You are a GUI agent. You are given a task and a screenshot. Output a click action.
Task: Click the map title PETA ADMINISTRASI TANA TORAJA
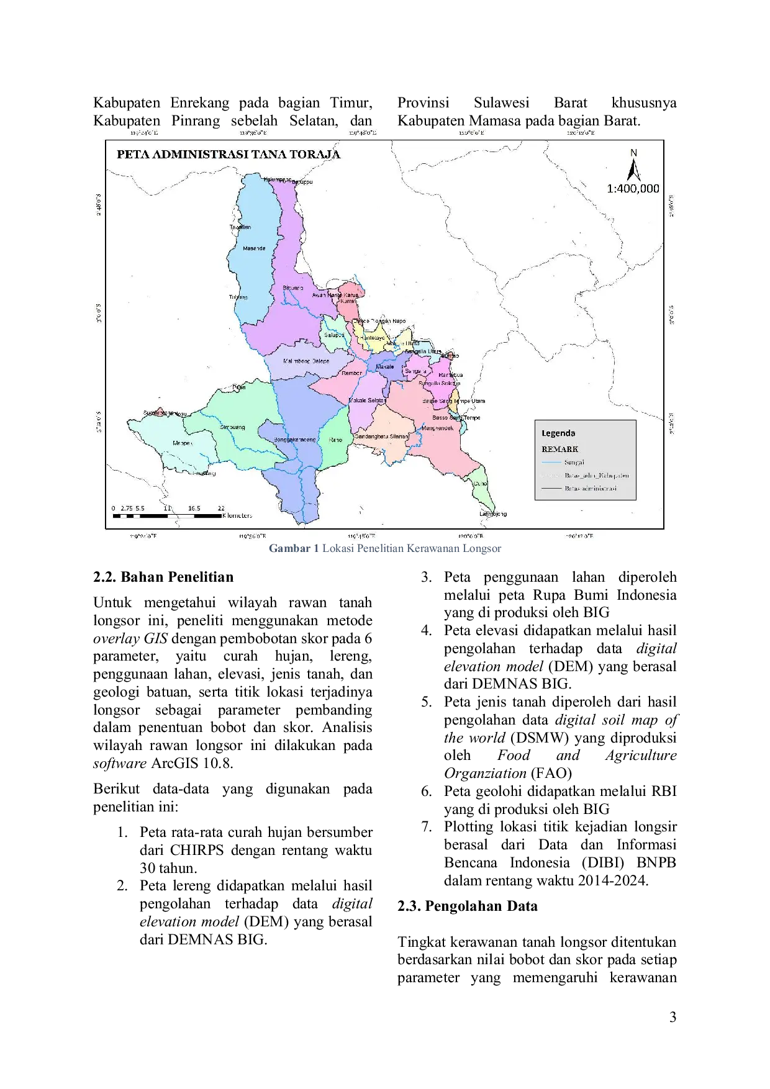(x=229, y=155)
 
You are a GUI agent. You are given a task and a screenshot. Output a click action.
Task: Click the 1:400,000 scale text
(x=633, y=189)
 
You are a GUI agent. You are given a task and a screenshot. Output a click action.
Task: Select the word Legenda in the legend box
(x=558, y=433)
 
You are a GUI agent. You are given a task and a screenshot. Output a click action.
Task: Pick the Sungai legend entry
(x=574, y=462)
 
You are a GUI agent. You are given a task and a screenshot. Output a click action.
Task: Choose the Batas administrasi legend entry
(x=590, y=489)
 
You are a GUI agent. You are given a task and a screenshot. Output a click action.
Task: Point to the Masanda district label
(x=254, y=248)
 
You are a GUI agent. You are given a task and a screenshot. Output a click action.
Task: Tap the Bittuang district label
(x=293, y=288)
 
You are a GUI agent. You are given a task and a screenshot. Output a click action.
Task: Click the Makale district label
(x=384, y=366)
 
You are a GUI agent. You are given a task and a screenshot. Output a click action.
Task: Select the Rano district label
(x=335, y=440)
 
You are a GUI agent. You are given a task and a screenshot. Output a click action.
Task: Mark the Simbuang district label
(x=233, y=427)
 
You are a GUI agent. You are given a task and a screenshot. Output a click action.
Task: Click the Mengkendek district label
(x=438, y=428)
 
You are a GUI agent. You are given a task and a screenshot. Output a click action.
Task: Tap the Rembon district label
(x=351, y=373)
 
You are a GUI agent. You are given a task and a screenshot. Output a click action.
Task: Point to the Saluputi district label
(x=334, y=335)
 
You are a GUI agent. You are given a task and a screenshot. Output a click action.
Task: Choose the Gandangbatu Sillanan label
(x=381, y=436)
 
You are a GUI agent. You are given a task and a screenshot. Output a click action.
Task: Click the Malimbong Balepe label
(x=306, y=361)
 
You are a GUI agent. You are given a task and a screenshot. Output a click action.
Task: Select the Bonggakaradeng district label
(x=295, y=440)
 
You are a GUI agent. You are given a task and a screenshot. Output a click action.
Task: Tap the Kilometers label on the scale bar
(x=237, y=516)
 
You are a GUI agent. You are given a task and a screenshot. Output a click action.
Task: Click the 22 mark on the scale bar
(x=221, y=508)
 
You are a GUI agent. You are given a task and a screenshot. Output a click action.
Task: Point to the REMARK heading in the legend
(x=559, y=449)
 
